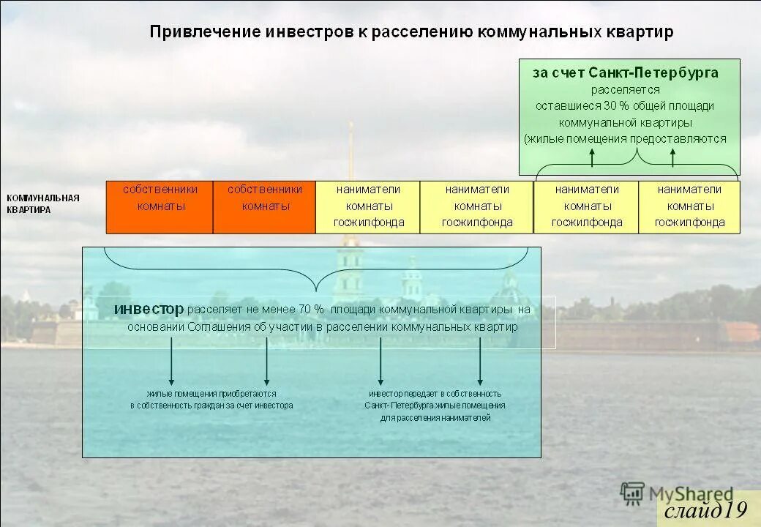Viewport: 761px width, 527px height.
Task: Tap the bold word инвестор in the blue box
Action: coord(149,310)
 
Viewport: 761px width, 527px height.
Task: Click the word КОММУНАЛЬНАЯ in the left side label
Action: coord(43,198)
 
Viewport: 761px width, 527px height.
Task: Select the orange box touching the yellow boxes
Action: coord(264,207)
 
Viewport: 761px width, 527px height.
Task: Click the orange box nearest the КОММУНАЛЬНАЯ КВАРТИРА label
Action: coord(160,207)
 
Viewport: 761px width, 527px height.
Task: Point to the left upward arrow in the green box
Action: coord(593,157)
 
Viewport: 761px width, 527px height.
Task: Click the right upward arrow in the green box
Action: coord(673,157)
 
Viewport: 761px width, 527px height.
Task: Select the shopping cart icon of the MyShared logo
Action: coord(632,494)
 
